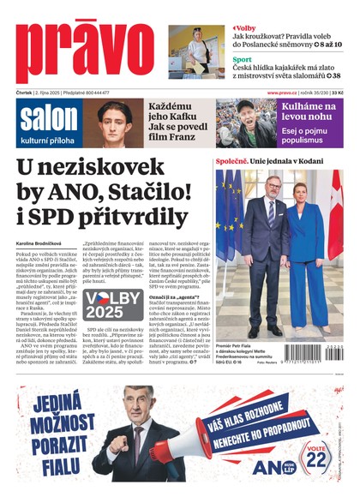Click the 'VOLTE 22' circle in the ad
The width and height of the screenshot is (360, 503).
tap(317, 458)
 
